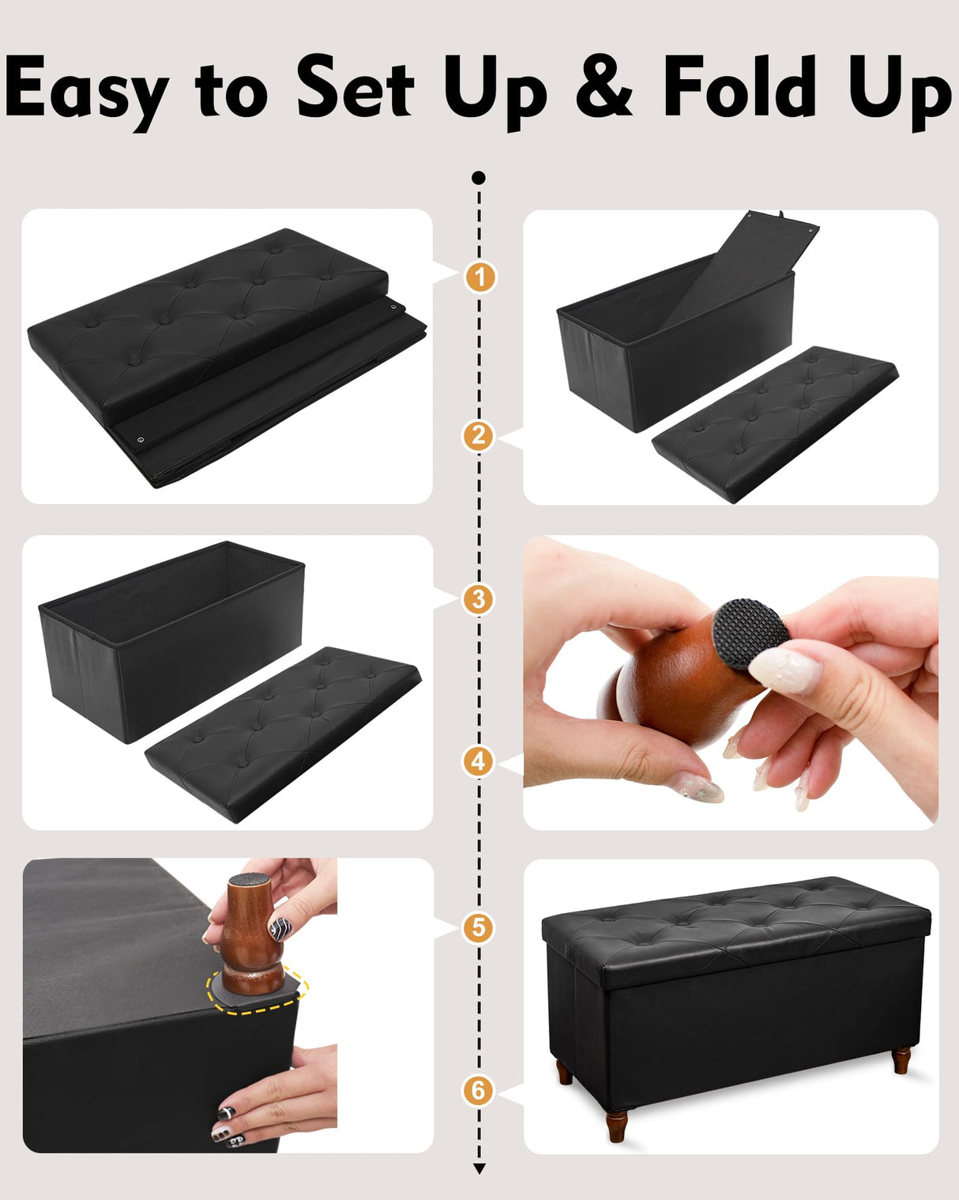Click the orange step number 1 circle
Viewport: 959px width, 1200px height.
tap(479, 277)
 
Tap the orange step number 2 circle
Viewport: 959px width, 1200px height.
tap(478, 436)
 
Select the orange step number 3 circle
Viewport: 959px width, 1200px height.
tap(478, 599)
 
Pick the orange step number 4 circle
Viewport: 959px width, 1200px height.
tap(478, 762)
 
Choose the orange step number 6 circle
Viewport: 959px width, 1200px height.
tap(478, 1090)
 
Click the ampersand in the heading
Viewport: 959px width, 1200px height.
tap(604, 87)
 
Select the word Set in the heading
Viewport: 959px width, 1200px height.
tap(355, 87)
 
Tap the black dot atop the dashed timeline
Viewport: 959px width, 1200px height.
tap(478, 178)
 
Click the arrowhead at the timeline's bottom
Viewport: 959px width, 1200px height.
tap(479, 1168)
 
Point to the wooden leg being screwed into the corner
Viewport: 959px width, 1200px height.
tap(250, 933)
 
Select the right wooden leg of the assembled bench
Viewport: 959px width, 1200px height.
tap(901, 1059)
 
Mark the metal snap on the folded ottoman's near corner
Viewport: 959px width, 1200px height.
tap(141, 440)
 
